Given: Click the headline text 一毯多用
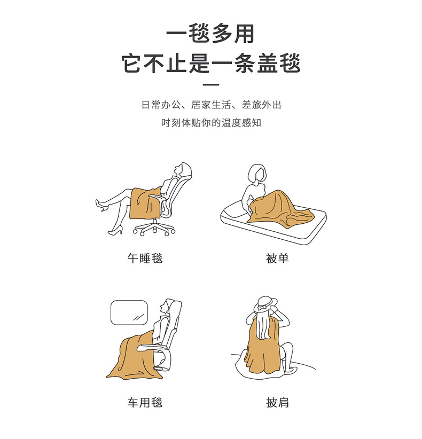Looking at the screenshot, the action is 210,34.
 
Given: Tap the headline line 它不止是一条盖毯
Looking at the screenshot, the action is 211,64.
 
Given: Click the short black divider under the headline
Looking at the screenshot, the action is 210,84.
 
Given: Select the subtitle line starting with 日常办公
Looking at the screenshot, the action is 211,105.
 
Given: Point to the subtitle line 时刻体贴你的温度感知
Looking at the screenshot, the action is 211,123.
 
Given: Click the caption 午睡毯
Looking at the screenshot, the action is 145,258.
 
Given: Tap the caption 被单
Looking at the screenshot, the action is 277,258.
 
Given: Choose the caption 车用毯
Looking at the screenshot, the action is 145,402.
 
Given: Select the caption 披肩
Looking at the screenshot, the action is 277,402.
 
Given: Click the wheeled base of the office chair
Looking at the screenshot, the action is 154,228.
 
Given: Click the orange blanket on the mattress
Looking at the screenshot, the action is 280,207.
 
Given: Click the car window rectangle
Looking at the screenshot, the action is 129,313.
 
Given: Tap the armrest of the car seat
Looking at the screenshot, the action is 153,348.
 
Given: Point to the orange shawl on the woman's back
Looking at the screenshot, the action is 263,347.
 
